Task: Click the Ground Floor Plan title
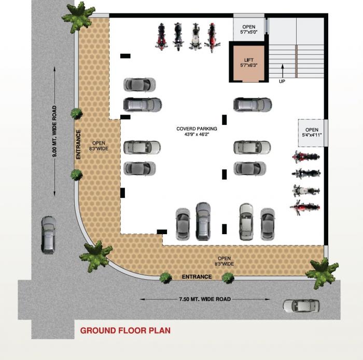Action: [x=125, y=330]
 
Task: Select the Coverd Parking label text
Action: [x=197, y=128]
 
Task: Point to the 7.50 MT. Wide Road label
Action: [x=204, y=299]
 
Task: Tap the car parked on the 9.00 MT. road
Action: [x=48, y=234]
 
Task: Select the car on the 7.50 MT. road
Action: [x=301, y=306]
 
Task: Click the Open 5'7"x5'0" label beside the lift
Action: [x=249, y=30]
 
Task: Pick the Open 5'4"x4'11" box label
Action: [x=311, y=133]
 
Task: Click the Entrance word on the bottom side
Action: [x=197, y=277]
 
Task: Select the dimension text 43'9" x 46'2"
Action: [x=197, y=135]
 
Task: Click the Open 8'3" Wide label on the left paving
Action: [x=100, y=146]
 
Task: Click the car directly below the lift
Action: [x=253, y=105]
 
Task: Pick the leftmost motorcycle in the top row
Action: [x=161, y=36]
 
